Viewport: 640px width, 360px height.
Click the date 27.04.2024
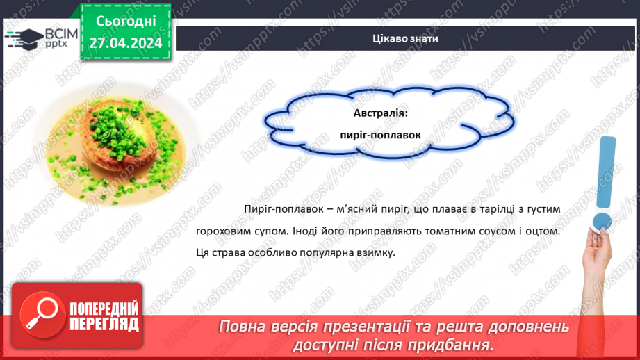coord(125,42)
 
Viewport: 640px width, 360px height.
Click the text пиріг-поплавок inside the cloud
coord(381,135)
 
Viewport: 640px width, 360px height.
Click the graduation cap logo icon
coord(24,38)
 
